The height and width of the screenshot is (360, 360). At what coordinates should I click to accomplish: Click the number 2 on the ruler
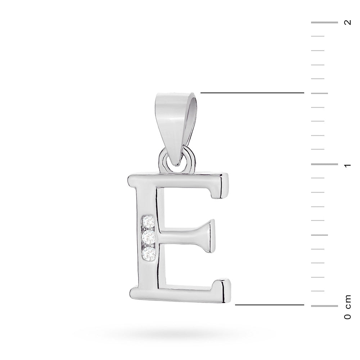pos(347,22)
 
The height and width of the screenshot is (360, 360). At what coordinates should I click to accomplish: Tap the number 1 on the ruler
pos(347,165)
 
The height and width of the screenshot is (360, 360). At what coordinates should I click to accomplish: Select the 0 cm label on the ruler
pos(347,307)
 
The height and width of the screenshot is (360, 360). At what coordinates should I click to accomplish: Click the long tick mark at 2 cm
pos(324,23)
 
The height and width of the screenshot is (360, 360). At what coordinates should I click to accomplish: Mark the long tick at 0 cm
pos(324,306)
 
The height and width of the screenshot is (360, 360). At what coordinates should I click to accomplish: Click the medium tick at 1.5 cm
pos(319,93)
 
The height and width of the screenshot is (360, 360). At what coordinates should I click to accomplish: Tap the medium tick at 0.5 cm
pos(319,235)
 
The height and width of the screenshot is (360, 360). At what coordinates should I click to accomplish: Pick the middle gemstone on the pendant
pos(148,237)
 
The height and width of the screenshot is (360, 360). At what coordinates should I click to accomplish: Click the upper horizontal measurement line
pos(252,93)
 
